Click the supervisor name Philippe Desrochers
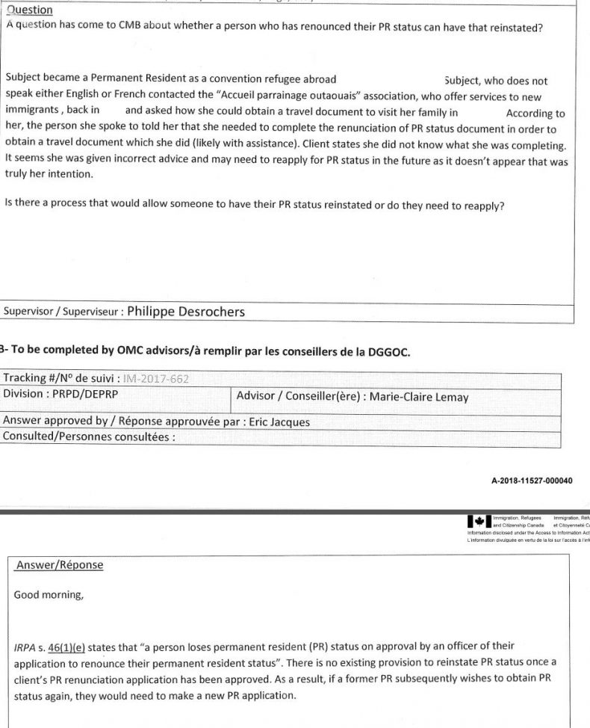186,312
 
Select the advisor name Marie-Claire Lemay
416,397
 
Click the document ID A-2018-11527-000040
532,481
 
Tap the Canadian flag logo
478,521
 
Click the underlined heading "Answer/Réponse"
58,564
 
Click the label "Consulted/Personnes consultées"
87,437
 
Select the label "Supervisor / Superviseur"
63,312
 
